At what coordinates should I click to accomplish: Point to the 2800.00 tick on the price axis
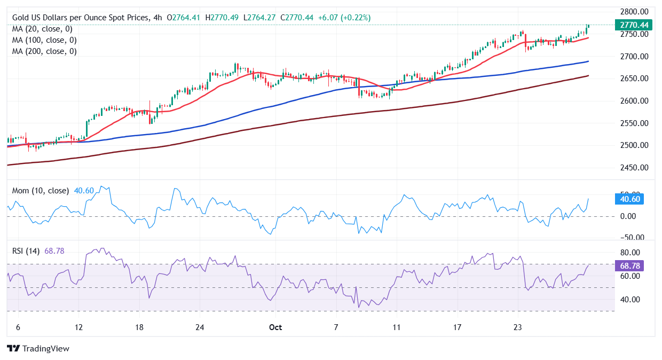click(x=634, y=12)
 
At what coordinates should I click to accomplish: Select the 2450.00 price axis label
click(x=634, y=168)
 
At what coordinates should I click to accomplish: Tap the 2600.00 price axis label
click(x=634, y=101)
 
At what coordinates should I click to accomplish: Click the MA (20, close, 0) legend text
click(x=42, y=29)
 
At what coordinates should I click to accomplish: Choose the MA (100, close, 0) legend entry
click(x=44, y=40)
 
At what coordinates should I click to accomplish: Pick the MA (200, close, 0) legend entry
click(x=44, y=51)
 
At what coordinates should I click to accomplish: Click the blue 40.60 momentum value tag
click(x=631, y=199)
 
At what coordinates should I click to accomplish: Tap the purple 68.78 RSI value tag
click(x=631, y=265)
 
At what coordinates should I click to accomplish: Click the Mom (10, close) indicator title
click(x=41, y=191)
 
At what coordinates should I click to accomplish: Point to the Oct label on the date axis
click(x=275, y=327)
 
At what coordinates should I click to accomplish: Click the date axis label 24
click(x=199, y=327)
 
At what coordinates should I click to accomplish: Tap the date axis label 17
click(x=457, y=327)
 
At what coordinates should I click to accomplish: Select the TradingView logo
click(x=38, y=348)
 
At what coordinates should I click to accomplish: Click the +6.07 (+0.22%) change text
click(x=344, y=18)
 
